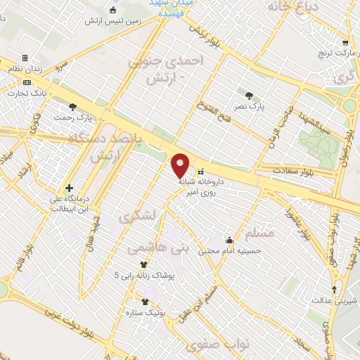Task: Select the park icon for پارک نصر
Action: coord(249,95)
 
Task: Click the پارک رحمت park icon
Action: coord(73,107)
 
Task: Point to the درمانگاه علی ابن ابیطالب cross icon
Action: coord(69,188)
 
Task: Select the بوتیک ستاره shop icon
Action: coord(145,302)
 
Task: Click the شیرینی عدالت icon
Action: coord(335,290)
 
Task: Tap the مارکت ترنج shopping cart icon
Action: coord(345,42)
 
